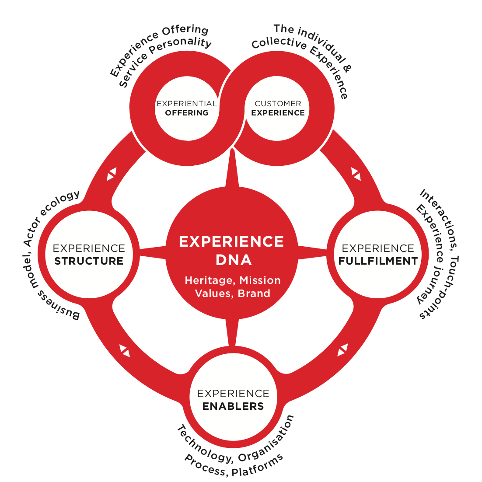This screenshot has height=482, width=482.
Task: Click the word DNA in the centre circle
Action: tap(234, 260)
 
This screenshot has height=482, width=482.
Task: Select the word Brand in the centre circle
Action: tap(254, 293)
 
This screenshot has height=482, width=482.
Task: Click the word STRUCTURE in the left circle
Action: tap(89, 261)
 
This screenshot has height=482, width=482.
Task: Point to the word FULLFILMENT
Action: tap(378, 261)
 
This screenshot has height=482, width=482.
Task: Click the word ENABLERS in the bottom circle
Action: tap(233, 406)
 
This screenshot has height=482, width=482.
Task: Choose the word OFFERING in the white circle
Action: tap(187, 113)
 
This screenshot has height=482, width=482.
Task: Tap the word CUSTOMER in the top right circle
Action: tap(278, 104)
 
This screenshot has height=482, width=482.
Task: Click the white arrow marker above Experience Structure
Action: tap(112, 174)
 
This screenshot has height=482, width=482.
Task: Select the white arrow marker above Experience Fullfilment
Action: tap(356, 174)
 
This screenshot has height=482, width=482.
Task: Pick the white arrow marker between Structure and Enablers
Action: tap(125, 350)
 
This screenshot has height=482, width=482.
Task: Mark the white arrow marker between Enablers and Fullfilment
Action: tap(342, 350)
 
